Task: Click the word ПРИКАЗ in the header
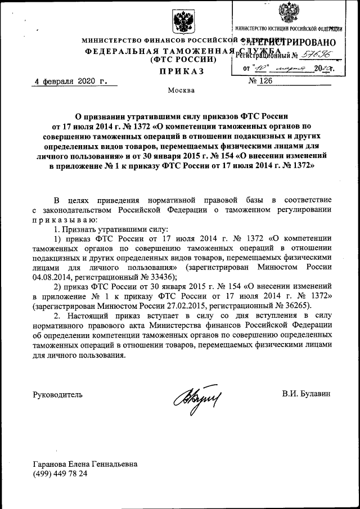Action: (x=181, y=71)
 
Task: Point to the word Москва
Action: (x=181, y=91)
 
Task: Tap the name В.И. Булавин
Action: (x=307, y=394)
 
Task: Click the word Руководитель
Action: (x=58, y=394)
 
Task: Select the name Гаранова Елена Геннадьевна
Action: (x=85, y=465)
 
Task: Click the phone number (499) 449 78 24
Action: (x=60, y=474)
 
